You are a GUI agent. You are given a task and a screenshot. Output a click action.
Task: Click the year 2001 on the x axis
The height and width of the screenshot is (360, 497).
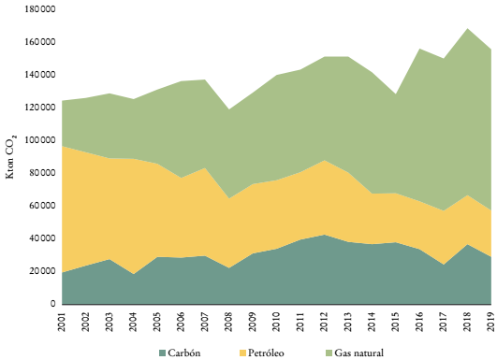[x=63, y=321]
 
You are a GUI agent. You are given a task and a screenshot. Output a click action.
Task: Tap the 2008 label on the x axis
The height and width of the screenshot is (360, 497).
[x=229, y=321]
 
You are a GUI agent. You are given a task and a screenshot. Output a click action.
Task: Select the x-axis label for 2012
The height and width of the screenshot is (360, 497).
[x=325, y=321]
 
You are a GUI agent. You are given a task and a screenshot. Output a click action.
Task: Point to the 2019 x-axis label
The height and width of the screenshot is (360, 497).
[x=491, y=321]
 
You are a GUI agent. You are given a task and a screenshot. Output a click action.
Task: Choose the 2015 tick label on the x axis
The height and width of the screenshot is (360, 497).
[x=396, y=321]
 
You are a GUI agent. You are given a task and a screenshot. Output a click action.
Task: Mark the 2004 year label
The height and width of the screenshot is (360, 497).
[x=134, y=321]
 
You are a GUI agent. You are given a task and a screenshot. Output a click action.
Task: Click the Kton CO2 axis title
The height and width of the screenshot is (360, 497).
[x=12, y=159]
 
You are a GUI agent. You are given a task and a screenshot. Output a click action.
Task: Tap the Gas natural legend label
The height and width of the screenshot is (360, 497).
[x=361, y=353]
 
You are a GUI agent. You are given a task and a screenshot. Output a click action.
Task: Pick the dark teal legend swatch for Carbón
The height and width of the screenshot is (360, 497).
[x=163, y=353]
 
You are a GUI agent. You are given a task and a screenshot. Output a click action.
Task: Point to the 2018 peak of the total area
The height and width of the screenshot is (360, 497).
[x=468, y=29]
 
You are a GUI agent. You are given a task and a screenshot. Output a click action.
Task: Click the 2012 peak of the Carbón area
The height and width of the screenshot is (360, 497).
[x=325, y=235]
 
